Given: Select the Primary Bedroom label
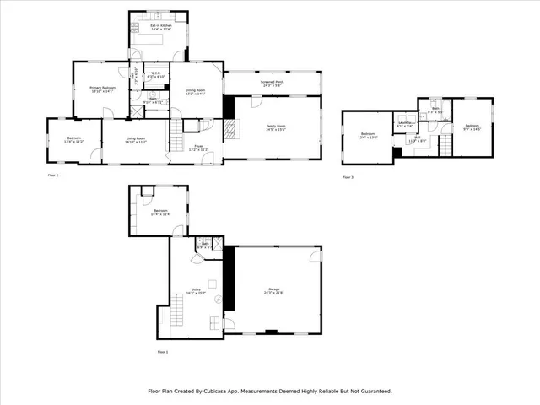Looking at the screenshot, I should pos(103,89).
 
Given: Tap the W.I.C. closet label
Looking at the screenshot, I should pos(155,75).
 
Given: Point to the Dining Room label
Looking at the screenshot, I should pos(195,91).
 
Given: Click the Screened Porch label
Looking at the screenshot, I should pos(272,84).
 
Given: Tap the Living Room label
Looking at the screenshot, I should pos(135,140).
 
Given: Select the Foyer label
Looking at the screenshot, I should pos(197,148).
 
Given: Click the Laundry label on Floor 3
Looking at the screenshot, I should pos(405,124).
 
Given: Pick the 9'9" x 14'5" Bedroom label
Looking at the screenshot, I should pos(472,127).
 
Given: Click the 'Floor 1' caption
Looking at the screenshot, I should pos(162,351).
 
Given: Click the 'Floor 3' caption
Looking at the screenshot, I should pos(348,177).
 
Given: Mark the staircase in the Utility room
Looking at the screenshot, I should pos(178,316).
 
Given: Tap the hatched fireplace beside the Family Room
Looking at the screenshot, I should pos(228,130).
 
